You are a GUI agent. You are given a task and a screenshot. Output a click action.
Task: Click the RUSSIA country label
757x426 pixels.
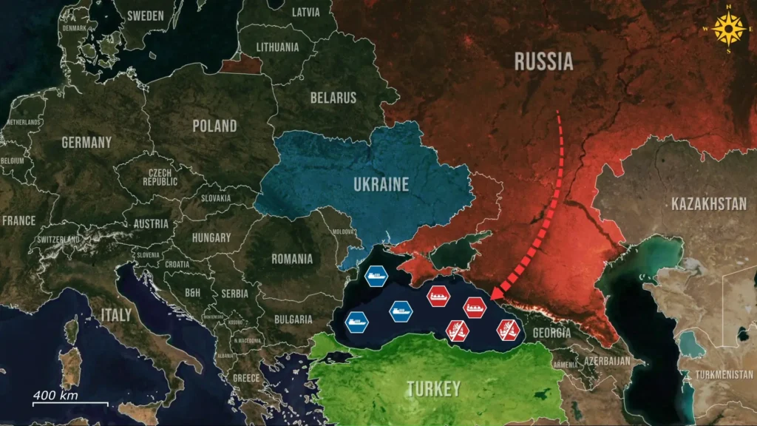coord(544,61)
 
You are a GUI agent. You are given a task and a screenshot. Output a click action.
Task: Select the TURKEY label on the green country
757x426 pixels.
coord(433,388)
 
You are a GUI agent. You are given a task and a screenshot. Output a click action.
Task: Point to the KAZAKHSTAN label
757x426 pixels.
coord(709,203)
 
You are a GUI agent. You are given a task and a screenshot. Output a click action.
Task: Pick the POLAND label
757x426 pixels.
coord(214,126)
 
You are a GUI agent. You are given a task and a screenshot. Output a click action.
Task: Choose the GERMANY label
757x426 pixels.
coord(86,142)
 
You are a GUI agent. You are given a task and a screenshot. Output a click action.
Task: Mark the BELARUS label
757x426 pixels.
coord(333,98)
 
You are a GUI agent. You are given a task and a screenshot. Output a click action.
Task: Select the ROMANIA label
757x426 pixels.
coord(292,259)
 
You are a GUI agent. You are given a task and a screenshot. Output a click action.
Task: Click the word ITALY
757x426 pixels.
coord(116,315)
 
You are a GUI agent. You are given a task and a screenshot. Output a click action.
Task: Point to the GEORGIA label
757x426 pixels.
coord(550,334)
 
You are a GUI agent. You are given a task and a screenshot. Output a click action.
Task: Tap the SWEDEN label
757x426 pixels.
coord(146,15)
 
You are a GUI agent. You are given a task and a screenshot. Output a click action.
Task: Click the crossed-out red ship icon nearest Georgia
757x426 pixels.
coord(508,329)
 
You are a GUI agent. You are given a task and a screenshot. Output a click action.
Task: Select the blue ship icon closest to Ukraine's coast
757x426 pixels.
coord(376,277)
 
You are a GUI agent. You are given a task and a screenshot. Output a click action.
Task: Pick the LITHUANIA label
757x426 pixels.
coord(278,47)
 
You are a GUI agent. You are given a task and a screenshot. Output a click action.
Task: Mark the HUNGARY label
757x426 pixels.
coord(211,238)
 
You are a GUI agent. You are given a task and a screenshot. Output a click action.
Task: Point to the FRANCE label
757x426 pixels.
coord(18,220)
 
